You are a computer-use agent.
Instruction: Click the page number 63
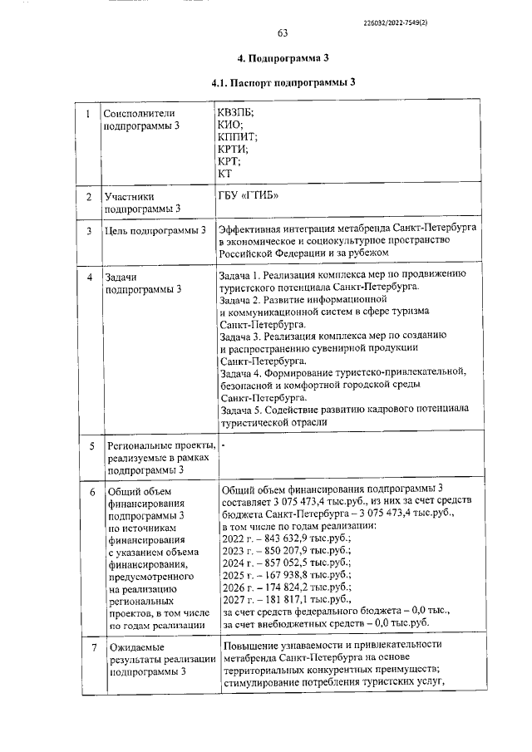(x=282, y=33)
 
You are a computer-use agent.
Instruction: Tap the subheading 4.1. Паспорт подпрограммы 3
(x=283, y=83)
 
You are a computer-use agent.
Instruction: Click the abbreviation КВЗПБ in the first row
(x=237, y=113)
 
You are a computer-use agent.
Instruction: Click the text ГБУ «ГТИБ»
(x=248, y=196)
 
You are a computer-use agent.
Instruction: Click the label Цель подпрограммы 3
(x=155, y=229)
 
